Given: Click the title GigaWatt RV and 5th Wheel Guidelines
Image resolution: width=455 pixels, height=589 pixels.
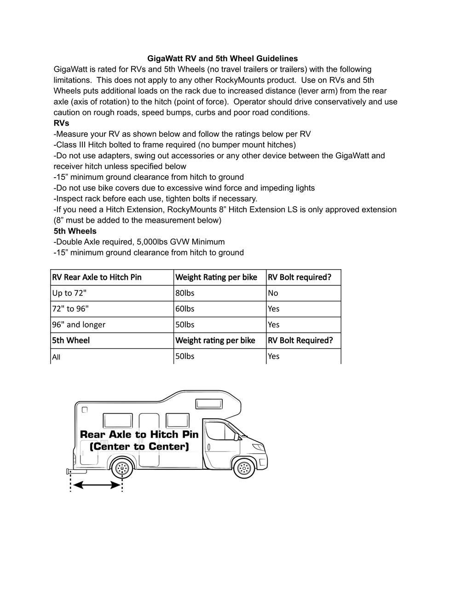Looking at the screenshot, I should tap(222, 58).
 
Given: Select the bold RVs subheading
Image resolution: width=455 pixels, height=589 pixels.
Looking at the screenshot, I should tap(62, 123).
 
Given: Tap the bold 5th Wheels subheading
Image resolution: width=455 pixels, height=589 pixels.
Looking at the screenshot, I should tap(75, 231).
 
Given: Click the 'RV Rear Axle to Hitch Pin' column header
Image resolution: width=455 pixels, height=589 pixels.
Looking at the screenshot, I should tap(97, 277).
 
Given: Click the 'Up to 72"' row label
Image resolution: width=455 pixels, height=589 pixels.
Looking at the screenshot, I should tap(69, 293).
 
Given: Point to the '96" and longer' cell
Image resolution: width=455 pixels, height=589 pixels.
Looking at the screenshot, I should tap(79, 324).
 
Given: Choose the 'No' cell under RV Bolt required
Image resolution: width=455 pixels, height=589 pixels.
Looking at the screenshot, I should tap(273, 293).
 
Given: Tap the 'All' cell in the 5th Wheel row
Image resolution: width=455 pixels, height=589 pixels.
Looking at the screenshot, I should tap(56, 357).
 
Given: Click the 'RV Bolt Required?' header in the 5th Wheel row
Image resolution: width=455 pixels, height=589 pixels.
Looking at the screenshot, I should tap(300, 341).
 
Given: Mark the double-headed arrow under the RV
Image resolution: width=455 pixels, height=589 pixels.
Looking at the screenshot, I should tap(97, 485).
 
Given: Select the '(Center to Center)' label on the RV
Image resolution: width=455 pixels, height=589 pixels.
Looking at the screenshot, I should tap(139, 446).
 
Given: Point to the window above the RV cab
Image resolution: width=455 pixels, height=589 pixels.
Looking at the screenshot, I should tap(210, 404).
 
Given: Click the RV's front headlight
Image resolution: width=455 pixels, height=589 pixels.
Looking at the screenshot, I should tap(259, 446).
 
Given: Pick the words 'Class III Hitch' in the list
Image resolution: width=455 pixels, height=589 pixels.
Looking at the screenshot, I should tap(81, 145).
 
